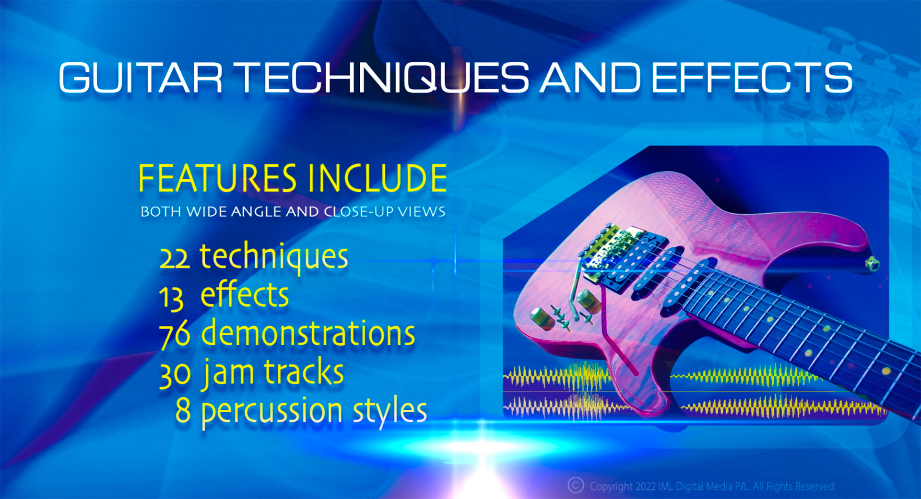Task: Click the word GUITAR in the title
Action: [141, 77]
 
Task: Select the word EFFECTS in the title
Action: [752, 77]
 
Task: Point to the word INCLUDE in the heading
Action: [378, 178]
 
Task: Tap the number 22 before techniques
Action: [175, 259]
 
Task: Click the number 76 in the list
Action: [175, 335]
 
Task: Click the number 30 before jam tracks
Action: [175, 374]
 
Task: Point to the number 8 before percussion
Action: [183, 410]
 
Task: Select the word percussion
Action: [272, 412]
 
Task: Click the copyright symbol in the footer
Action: [576, 485]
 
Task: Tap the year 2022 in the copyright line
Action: [645, 487]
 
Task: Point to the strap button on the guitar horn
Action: [872, 263]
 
